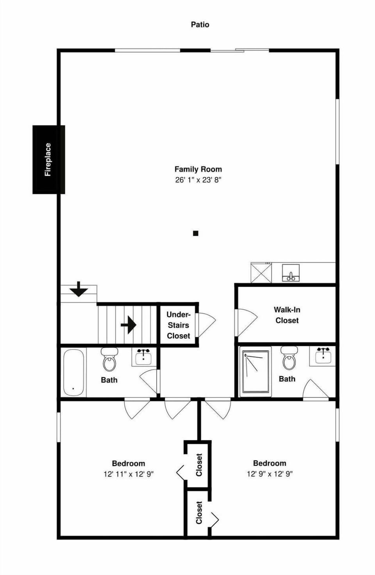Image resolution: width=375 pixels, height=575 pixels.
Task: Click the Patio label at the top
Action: pos(200,25)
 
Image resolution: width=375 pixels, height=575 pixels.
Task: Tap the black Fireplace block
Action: pos(48,159)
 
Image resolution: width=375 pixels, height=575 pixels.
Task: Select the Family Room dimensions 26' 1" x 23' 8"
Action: pos(198,180)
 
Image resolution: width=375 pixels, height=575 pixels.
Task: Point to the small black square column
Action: pos(196,233)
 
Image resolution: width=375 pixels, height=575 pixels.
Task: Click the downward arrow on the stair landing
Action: pos(79,289)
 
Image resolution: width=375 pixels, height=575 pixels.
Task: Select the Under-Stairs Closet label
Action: pos(178,325)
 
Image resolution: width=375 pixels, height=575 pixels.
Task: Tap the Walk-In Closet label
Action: pos(287,315)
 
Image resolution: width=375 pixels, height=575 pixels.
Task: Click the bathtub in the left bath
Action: pos(73,372)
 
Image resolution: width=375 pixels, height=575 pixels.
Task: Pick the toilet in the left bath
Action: pos(109,360)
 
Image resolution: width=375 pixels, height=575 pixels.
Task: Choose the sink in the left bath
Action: pos(143,356)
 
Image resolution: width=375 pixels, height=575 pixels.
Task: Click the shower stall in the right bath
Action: pos(255,371)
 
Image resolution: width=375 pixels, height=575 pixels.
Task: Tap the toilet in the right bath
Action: pos(289,358)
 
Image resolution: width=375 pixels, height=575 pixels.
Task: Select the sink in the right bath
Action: pos(323,356)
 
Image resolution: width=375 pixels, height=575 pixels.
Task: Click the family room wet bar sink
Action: pos(291,273)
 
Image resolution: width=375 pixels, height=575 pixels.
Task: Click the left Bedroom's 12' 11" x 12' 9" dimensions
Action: pos(128,474)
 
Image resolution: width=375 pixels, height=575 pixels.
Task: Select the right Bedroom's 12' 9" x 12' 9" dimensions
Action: pos(270,474)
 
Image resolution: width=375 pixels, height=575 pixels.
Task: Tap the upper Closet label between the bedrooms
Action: pos(199,465)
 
